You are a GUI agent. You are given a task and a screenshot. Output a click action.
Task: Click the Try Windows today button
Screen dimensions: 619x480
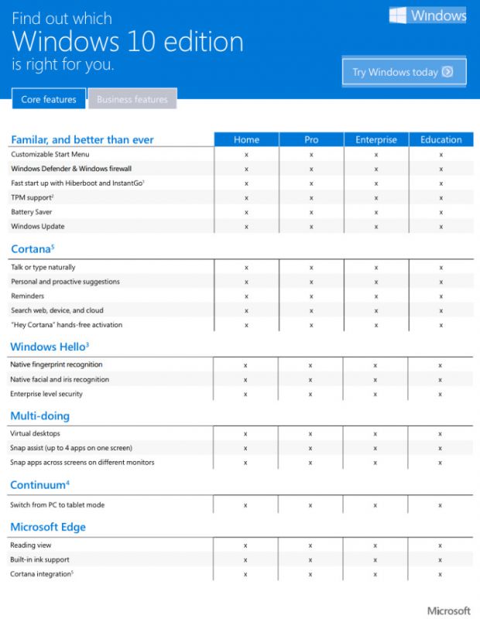point(404,72)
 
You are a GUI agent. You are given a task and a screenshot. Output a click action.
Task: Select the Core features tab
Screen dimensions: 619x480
point(48,99)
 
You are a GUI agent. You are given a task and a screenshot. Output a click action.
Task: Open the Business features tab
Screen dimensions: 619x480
point(132,99)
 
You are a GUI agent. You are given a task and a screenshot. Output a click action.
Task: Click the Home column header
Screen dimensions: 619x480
point(246,140)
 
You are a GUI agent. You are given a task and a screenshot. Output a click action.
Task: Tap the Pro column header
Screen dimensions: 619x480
point(311,140)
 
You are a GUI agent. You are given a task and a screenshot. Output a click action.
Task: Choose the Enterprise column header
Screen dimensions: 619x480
point(376,140)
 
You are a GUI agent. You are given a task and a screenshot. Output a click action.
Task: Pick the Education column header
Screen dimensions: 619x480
point(441,140)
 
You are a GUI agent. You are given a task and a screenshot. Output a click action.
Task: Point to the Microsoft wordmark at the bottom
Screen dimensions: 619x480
point(448,610)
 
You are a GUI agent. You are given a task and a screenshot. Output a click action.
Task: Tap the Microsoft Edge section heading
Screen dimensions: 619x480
point(48,527)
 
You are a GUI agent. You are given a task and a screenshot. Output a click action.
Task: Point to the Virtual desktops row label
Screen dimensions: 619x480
point(35,433)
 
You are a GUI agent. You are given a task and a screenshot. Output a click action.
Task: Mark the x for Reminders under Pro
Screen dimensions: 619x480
point(311,296)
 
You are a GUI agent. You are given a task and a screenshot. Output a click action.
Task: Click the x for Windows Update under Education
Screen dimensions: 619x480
point(441,226)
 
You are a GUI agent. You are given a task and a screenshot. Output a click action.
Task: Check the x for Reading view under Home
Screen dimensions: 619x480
point(245,545)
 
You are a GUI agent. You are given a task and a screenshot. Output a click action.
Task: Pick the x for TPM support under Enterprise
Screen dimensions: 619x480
point(376,197)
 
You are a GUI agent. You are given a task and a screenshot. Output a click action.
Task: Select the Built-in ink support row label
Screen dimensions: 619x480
point(39,559)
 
